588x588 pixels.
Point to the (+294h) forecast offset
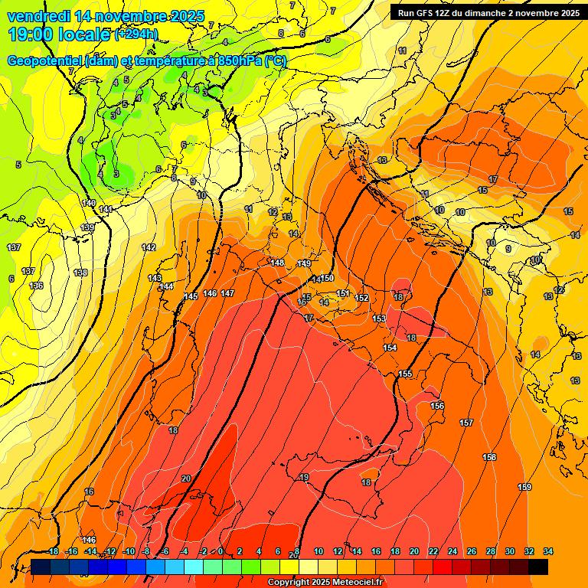(x=136, y=34)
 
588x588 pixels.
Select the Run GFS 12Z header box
(x=486, y=12)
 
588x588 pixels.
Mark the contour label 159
(x=524, y=487)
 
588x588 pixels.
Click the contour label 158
(x=489, y=457)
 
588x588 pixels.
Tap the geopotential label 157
(x=466, y=423)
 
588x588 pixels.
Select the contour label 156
(x=437, y=406)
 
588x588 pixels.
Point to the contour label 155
(x=405, y=374)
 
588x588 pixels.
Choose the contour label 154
(x=390, y=348)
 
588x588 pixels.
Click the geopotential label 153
(x=379, y=318)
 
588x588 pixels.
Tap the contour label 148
(x=277, y=263)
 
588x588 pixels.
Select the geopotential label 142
(x=149, y=247)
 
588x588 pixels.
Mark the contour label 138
(x=80, y=273)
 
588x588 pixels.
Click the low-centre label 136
(x=36, y=285)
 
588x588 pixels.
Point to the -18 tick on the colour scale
(x=53, y=551)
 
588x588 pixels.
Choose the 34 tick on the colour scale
(x=548, y=551)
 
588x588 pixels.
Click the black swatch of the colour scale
(x=538, y=567)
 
